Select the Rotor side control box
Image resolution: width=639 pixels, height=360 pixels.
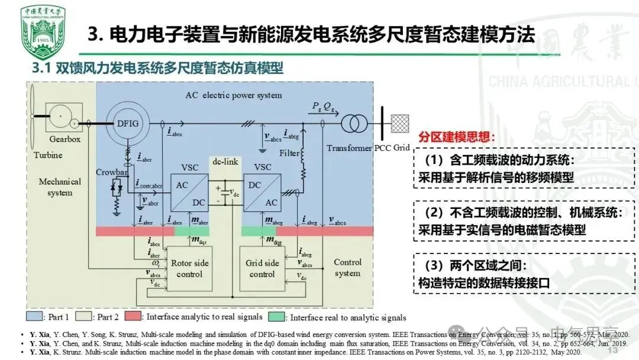click(x=189, y=268)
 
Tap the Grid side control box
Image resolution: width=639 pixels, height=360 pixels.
click(x=262, y=268)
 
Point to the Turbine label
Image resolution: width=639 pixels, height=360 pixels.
click(x=47, y=155)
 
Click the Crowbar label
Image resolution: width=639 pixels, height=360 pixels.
click(x=112, y=172)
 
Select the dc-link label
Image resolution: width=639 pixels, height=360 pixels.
click(x=225, y=160)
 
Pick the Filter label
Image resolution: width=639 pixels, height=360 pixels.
click(x=289, y=152)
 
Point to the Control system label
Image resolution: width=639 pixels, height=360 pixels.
click(x=347, y=268)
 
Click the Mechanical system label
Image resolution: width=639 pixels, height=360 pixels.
click(x=60, y=187)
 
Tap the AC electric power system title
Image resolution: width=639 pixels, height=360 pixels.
click(x=234, y=95)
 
